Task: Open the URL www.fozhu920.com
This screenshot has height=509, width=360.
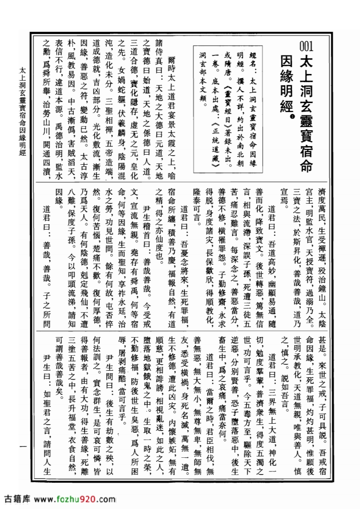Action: click(74, 499)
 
